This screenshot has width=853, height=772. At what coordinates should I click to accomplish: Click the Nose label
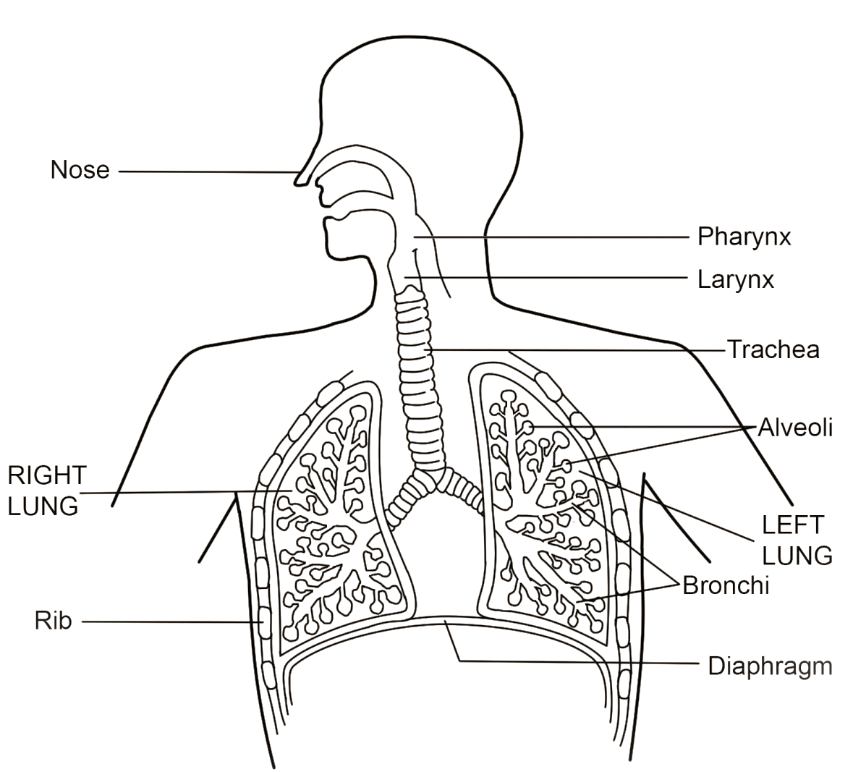(x=80, y=170)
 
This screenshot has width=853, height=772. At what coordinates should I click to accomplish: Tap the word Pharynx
(x=744, y=237)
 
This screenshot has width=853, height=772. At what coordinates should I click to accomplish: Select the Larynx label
(x=735, y=279)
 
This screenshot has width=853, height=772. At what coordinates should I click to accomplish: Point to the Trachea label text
(x=773, y=349)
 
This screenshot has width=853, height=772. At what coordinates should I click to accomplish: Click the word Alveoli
(x=795, y=428)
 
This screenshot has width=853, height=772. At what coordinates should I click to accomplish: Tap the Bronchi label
(x=725, y=585)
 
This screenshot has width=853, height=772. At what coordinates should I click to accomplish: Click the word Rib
(x=53, y=621)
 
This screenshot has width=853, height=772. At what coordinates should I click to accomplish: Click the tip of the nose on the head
(x=298, y=181)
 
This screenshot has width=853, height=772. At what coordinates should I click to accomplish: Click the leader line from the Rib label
(x=166, y=622)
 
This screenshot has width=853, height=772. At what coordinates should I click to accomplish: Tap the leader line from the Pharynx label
(x=550, y=237)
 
